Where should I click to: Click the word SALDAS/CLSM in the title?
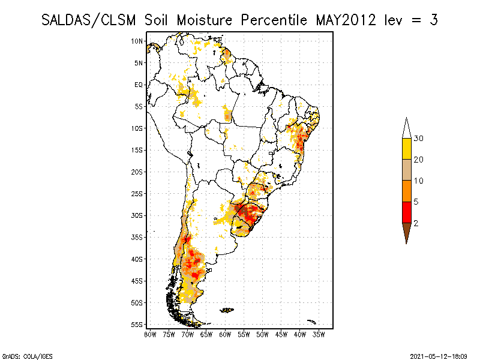click(x=91, y=20)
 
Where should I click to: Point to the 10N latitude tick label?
click(x=137, y=41)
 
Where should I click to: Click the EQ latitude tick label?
click(x=139, y=85)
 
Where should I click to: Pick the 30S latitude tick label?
click(x=137, y=215)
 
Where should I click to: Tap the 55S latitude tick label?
click(x=137, y=325)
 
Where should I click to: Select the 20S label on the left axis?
click(x=137, y=172)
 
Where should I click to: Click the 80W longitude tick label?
click(x=150, y=334)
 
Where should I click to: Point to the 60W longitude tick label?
click(x=225, y=334)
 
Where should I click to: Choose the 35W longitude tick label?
click(x=319, y=334)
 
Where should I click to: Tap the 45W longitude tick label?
click(x=281, y=334)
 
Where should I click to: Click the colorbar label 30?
click(x=419, y=139)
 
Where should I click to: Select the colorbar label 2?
click(x=416, y=223)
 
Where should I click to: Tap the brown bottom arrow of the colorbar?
click(x=406, y=232)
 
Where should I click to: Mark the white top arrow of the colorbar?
click(x=406, y=128)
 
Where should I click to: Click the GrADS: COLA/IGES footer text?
click(x=20, y=356)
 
